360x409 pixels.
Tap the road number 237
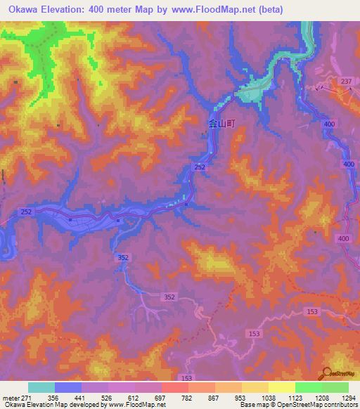point(345,82)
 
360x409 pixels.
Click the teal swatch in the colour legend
point(41,387)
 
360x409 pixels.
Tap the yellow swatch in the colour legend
point(281,387)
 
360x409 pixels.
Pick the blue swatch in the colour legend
point(68,387)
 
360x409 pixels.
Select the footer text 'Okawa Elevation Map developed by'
point(53,405)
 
